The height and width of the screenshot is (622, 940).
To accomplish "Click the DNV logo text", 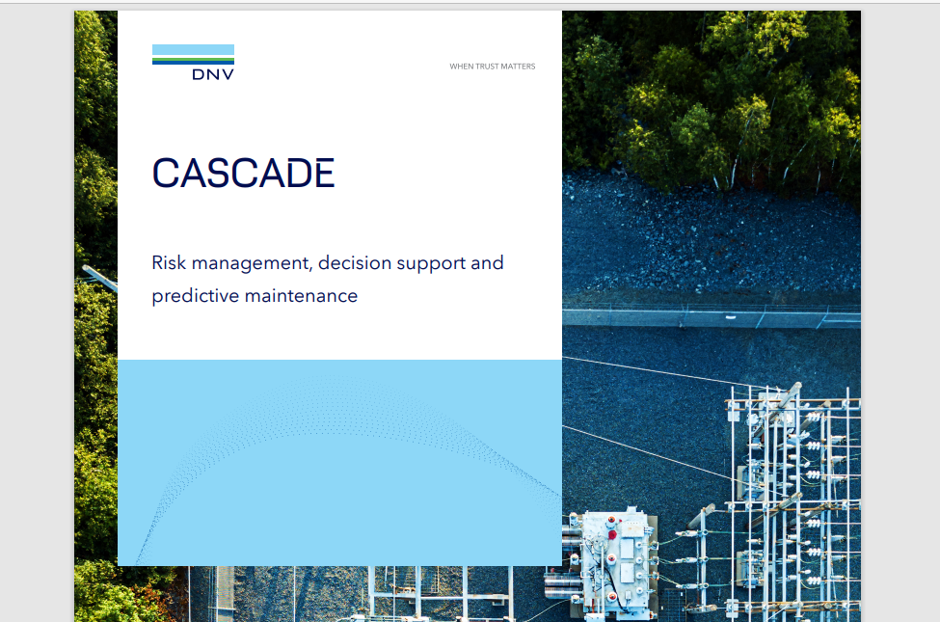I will (x=213, y=73).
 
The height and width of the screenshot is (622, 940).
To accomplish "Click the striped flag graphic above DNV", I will (x=193, y=54).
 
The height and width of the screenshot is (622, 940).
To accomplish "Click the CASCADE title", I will (x=243, y=174).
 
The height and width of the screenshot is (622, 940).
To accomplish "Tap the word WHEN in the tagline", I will (x=461, y=67).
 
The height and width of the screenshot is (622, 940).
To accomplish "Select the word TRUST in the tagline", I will (x=486, y=67).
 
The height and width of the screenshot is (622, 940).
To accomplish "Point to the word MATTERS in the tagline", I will (x=518, y=67).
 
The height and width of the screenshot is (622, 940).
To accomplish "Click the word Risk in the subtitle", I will (x=170, y=262).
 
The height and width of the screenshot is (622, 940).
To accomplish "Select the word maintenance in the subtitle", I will (x=301, y=295).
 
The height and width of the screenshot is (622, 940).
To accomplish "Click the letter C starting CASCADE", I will (x=167, y=174).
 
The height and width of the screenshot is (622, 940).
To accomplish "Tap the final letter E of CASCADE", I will (x=322, y=174).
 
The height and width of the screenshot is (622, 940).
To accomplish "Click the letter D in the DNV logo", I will (x=198, y=73).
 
